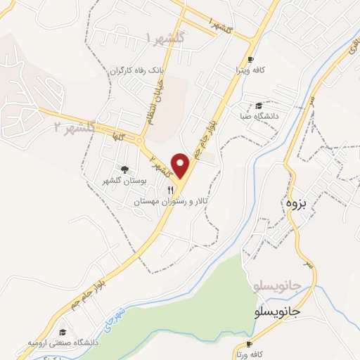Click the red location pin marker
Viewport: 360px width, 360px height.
pyautogui.click(x=181, y=165)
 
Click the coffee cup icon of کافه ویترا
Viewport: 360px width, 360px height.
pyautogui.click(x=251, y=60)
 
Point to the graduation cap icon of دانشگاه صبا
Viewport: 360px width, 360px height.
pyautogui.click(x=260, y=105)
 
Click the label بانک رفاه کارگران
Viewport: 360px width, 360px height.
pyautogui.click(x=139, y=71)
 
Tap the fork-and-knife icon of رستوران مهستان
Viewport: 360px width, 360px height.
pyautogui.click(x=169, y=191)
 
